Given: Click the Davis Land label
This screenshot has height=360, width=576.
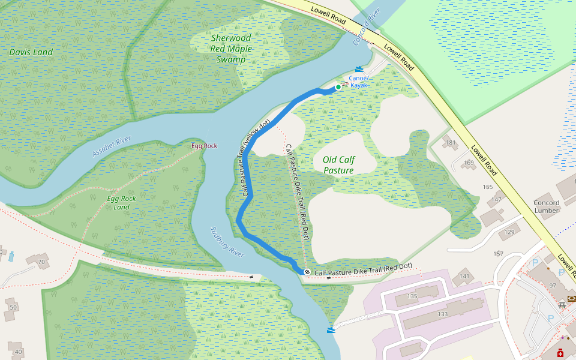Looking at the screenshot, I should tap(31, 52).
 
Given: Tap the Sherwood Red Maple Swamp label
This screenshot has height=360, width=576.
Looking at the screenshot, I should tap(231, 49).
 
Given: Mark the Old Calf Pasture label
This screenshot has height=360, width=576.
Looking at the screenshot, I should tap(338, 165).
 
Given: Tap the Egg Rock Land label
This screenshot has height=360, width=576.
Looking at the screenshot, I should tap(122, 203).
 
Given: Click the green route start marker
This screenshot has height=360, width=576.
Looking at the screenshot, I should tap(338, 88).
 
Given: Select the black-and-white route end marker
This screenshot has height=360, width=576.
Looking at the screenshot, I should tap(307, 272).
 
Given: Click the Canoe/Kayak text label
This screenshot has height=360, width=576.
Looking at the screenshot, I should tap(358, 82).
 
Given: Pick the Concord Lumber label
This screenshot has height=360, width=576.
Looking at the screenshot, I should tap(546, 206).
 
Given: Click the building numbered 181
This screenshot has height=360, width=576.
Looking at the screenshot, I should tap(450, 143).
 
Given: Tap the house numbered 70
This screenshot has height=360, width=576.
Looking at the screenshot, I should tap(41, 262).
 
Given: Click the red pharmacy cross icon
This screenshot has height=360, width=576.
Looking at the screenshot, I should tap(560, 354).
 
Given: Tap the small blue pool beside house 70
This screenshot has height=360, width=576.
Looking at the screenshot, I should tap(11, 256).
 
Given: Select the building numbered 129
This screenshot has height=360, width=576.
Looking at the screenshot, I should tap(510, 232).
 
